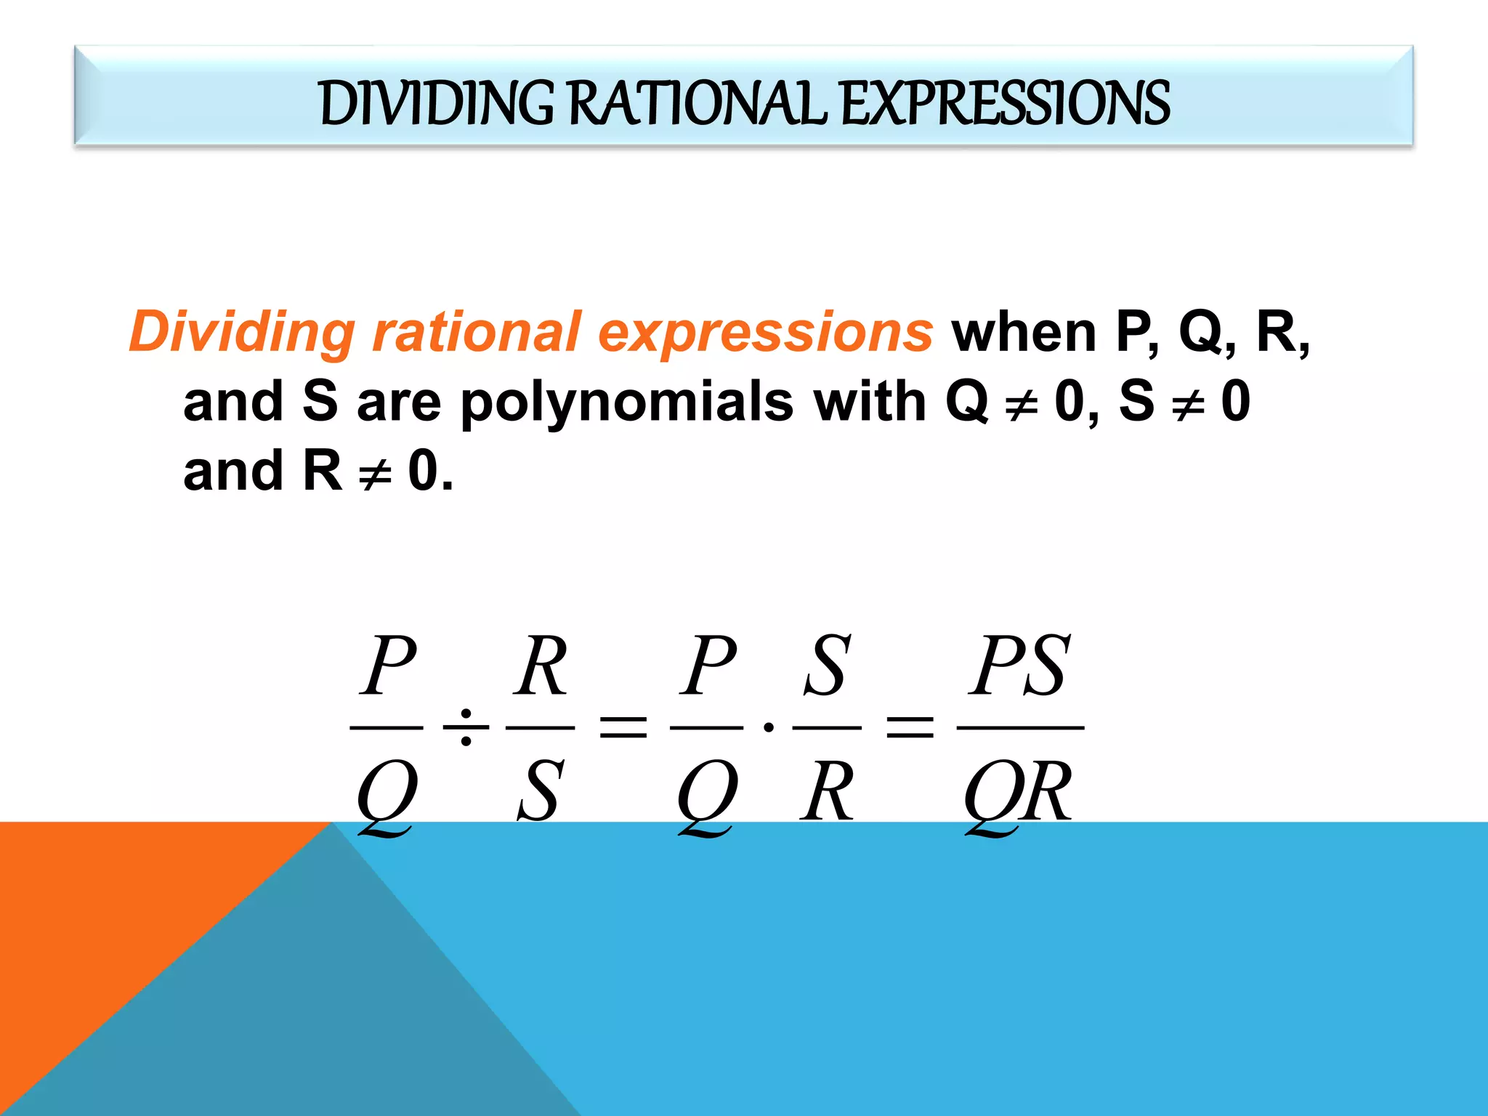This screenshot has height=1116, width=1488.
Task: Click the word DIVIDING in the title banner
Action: pyautogui.click(x=437, y=102)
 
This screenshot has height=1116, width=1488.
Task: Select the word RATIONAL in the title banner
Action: pyautogui.click(x=697, y=102)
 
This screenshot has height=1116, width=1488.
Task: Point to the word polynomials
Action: pyautogui.click(x=627, y=402)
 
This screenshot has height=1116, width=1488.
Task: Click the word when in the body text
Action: pyautogui.click(x=1024, y=333)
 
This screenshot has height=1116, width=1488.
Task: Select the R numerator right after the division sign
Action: pyautogui.click(x=541, y=665)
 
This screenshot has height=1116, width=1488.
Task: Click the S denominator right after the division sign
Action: pyautogui.click(x=539, y=790)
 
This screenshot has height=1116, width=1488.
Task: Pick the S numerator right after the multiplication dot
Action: pyautogui.click(x=827, y=665)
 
